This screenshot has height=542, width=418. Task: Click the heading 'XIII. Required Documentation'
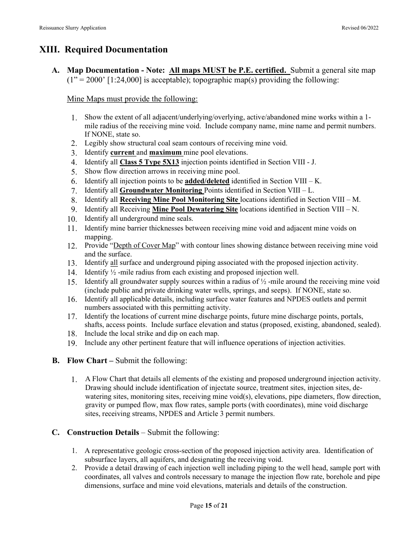[103, 49]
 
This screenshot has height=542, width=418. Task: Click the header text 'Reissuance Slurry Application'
[73, 28]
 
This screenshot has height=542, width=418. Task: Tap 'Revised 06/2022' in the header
[360, 28]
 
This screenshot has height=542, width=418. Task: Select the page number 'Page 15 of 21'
[209, 506]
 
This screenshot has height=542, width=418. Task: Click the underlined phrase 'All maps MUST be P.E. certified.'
[229, 71]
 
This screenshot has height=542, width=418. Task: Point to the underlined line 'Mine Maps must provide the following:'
[132, 99]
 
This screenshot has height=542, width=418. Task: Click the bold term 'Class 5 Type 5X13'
[150, 162]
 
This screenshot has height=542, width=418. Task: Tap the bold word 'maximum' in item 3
[165, 153]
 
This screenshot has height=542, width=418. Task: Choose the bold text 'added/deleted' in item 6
[207, 181]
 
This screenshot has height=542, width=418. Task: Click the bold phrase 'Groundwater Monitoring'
[161, 190]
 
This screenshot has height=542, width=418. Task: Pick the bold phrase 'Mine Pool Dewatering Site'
[195, 209]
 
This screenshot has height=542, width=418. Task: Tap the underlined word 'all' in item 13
[114, 263]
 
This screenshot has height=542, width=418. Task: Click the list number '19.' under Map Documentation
[73, 343]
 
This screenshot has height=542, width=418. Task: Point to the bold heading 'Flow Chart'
[87, 360]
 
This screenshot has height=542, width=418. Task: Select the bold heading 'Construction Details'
[103, 432]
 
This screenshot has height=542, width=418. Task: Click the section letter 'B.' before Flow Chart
[56, 360]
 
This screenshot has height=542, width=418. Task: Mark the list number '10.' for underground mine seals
[73, 219]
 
